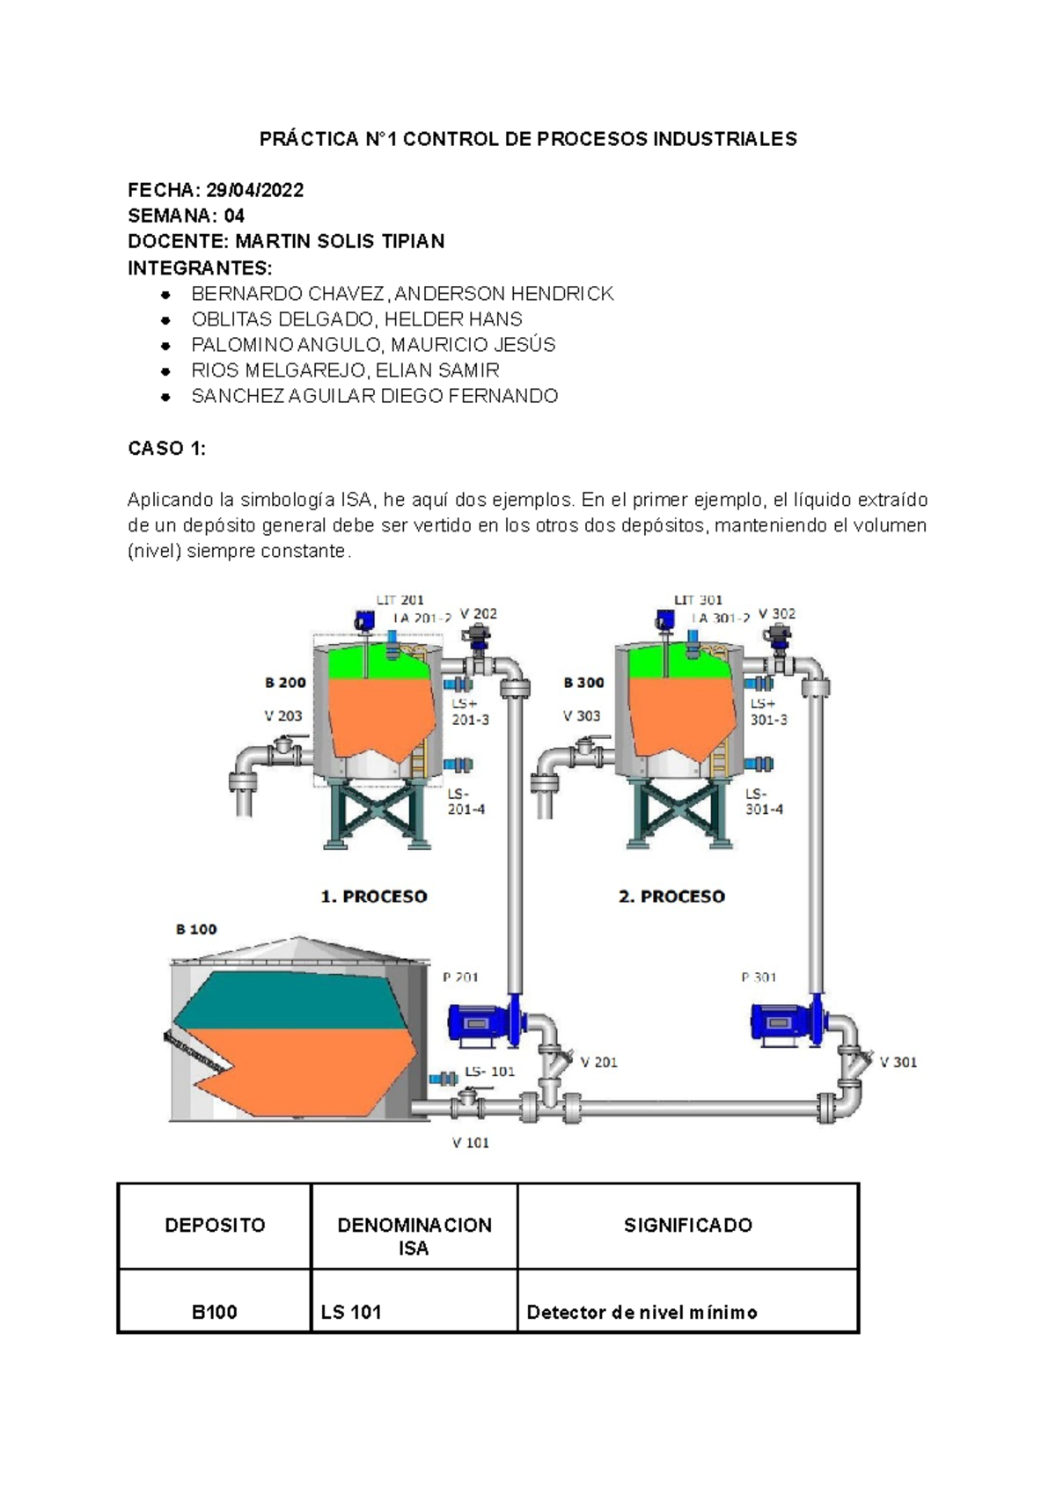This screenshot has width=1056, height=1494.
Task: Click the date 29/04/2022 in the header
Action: click(254, 190)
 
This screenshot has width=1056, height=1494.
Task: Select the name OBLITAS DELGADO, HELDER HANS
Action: click(356, 319)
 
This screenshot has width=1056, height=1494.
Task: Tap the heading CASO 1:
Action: click(166, 448)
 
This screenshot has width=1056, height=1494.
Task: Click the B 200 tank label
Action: click(285, 682)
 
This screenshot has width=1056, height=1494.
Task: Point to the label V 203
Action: click(282, 715)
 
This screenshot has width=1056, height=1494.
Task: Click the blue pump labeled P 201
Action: click(482, 1023)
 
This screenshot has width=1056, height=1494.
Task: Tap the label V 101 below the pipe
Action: click(470, 1142)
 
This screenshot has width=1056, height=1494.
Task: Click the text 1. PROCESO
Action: click(373, 896)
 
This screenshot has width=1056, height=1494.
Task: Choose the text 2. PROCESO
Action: click(671, 896)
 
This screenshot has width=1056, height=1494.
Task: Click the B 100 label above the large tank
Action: click(195, 929)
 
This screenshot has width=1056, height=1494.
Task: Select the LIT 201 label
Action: click(400, 600)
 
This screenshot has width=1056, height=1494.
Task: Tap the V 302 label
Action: click(776, 613)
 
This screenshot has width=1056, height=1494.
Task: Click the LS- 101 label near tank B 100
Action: click(489, 1071)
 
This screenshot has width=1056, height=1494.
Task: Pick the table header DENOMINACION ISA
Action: click(414, 1235)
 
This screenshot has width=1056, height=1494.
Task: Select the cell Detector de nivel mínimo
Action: click(642, 1312)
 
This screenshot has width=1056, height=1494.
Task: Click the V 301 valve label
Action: click(898, 1062)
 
